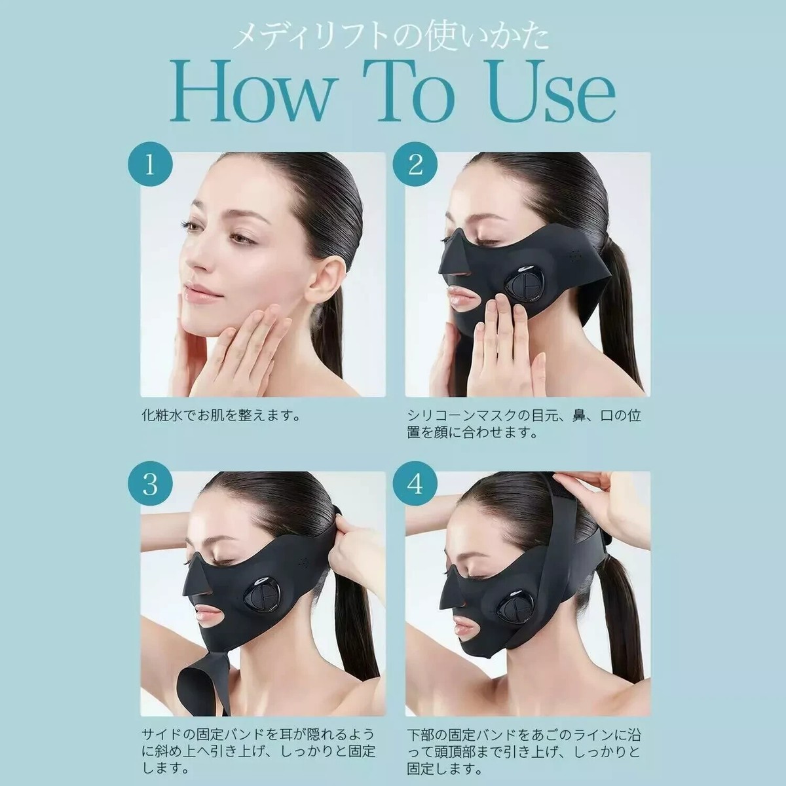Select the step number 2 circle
(415, 165)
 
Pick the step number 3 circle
(150, 485)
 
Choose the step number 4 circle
(415, 485)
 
